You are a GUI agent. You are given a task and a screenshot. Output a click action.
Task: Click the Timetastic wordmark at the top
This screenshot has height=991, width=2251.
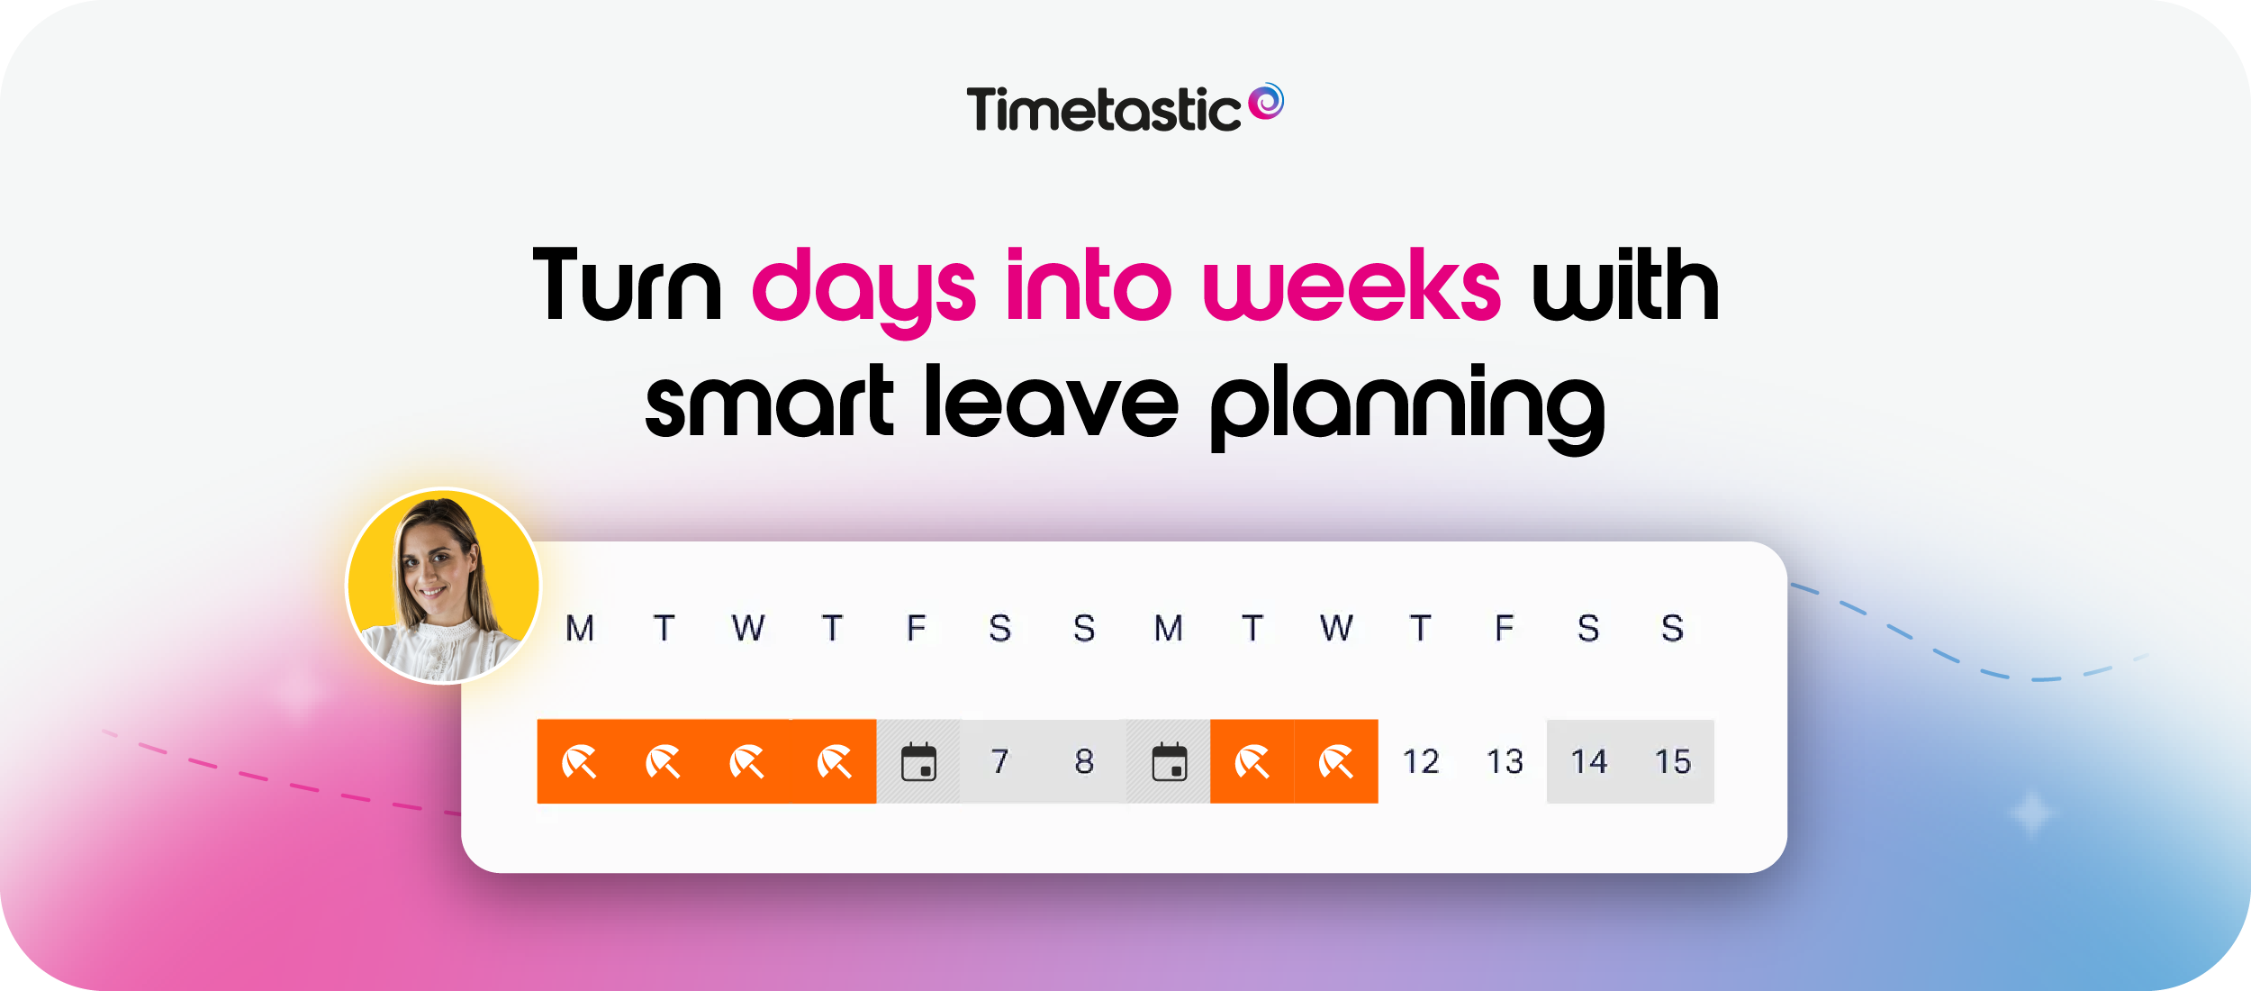point(1103,110)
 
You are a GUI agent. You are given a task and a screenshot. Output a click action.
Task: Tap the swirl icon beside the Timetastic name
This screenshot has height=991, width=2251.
point(1267,101)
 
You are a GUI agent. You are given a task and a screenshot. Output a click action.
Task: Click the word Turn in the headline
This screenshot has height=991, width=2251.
point(627,286)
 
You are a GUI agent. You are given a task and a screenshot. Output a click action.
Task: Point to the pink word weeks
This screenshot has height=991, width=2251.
point(1351,286)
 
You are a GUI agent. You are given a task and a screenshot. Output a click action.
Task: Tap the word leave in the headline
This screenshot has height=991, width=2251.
point(1051,404)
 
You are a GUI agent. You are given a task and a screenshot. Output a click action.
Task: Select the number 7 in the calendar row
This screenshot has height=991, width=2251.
point(1000,762)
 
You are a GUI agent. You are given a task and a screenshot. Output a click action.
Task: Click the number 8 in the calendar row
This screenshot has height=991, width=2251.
point(1084,762)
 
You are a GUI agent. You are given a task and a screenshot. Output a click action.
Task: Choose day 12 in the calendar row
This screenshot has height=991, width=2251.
point(1421,762)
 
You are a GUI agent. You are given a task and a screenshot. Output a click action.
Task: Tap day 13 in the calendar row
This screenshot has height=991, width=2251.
point(1505,762)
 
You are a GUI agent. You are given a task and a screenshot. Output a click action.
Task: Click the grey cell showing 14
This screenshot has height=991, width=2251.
point(1588,762)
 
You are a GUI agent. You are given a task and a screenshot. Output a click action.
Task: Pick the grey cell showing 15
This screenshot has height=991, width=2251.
point(1673,762)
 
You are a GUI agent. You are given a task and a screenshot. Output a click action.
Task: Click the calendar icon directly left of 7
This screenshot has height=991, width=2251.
point(918,762)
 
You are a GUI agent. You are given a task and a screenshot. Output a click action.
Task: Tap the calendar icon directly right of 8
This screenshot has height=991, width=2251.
point(1169,762)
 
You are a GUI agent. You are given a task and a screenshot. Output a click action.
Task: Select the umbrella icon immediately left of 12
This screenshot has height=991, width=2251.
point(1336,762)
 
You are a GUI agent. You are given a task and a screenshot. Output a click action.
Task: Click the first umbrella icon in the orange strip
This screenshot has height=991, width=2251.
point(579,762)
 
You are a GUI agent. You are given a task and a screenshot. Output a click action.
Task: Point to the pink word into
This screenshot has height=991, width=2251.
point(1089,286)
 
